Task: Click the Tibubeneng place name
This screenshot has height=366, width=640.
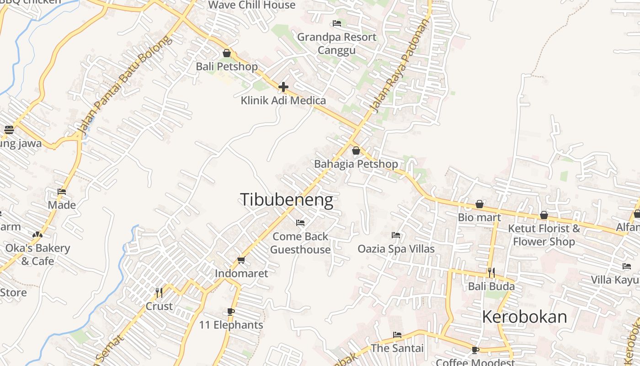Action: (x=286, y=200)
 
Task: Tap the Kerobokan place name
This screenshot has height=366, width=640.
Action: (x=524, y=317)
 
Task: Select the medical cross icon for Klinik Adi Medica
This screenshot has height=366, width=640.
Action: (x=283, y=86)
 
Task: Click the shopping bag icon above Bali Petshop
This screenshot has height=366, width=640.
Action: (x=227, y=53)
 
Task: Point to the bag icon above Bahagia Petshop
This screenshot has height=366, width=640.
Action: (x=356, y=150)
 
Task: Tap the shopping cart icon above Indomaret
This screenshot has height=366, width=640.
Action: (x=241, y=260)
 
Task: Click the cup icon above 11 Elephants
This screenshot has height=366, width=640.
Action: (x=231, y=312)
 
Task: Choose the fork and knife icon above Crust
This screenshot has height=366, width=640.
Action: (x=159, y=292)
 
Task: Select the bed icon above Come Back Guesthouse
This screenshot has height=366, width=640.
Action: (x=300, y=223)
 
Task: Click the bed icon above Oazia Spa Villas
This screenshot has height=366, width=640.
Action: (x=396, y=235)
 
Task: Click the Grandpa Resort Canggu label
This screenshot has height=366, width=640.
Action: (x=336, y=43)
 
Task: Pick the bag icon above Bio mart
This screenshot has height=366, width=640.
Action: (x=480, y=204)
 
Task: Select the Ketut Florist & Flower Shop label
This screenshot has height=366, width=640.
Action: (x=544, y=235)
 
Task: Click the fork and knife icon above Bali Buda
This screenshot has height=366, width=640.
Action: (x=491, y=273)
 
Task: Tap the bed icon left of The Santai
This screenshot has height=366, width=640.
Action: (x=397, y=335)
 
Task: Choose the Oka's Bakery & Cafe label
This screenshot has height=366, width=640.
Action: (x=37, y=255)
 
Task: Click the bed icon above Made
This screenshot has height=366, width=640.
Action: (x=62, y=192)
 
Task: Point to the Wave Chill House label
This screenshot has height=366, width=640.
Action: (x=252, y=5)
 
